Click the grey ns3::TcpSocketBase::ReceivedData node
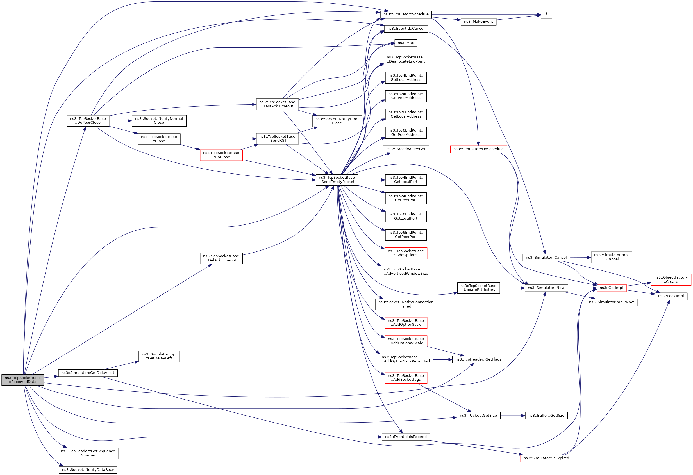click(x=23, y=380)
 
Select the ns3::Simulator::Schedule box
click(x=406, y=14)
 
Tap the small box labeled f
click(x=546, y=14)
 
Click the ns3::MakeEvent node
click(x=478, y=22)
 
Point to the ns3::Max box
click(x=406, y=43)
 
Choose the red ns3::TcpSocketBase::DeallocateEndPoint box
click(x=406, y=59)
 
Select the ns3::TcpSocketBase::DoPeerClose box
click(x=88, y=121)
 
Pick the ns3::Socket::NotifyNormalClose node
click(x=159, y=121)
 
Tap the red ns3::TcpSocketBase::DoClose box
click(x=221, y=155)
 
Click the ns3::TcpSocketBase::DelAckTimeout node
click(x=221, y=258)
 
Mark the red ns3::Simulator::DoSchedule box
click(x=478, y=149)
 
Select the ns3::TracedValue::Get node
click(x=406, y=149)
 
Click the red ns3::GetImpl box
click(x=611, y=288)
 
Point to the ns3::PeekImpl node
click(x=671, y=296)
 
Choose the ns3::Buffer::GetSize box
click(x=546, y=416)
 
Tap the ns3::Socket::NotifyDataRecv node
click(x=88, y=470)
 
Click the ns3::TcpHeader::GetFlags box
click(x=478, y=359)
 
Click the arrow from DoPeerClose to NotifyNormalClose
click(x=121, y=121)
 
